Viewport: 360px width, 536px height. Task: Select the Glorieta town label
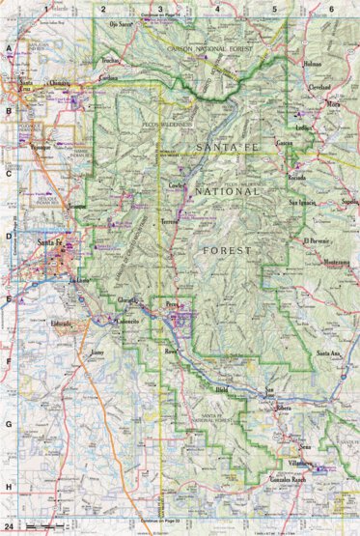126,302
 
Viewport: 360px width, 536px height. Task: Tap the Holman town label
311,65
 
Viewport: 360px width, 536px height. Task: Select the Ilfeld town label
224,390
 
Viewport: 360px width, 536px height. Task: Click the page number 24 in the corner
8,527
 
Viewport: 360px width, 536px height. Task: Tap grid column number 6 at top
331,8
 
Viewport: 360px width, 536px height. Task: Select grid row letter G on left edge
9,424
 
